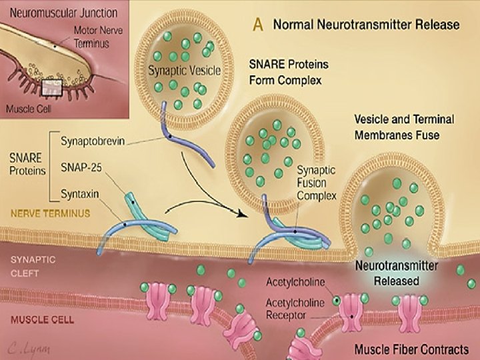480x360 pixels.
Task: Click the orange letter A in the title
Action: pyautogui.click(x=258, y=25)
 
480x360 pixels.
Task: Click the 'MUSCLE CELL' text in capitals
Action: pyautogui.click(x=42, y=320)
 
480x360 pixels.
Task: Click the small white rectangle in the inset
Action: pyautogui.click(x=52, y=86)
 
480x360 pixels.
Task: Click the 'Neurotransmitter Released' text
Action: pyautogui.click(x=396, y=273)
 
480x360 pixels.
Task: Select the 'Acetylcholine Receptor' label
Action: pyautogui.click(x=295, y=308)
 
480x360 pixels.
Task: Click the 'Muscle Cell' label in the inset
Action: pyautogui.click(x=27, y=108)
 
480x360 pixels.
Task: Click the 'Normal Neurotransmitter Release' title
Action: pyautogui.click(x=367, y=25)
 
